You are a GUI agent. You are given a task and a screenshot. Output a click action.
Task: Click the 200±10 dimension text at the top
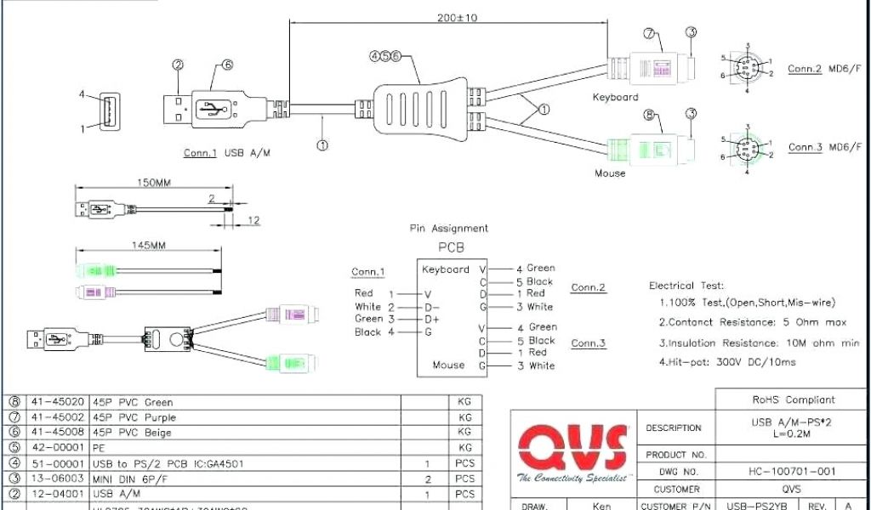click(x=458, y=17)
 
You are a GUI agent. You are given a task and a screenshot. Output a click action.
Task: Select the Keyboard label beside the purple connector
click(x=615, y=97)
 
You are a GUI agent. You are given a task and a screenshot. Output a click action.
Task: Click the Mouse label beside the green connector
click(x=610, y=173)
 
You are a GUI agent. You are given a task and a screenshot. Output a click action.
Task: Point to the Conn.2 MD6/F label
click(x=824, y=69)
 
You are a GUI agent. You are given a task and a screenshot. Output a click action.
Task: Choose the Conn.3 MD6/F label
click(x=824, y=147)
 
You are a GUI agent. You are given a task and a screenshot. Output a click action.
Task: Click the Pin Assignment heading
click(x=448, y=228)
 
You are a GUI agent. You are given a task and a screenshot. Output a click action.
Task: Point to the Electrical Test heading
click(x=686, y=286)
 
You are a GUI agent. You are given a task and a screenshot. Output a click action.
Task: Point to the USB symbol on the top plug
click(x=212, y=109)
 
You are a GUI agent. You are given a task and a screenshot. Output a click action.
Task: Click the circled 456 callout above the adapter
click(x=384, y=56)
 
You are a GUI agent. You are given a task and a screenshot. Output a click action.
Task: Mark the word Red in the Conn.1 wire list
click(x=363, y=293)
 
